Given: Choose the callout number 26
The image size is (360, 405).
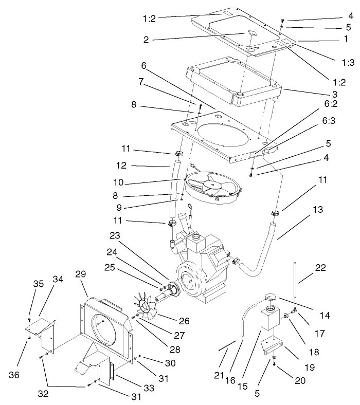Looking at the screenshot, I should (x=184, y=321).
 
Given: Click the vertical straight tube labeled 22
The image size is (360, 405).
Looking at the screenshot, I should (x=296, y=280).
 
